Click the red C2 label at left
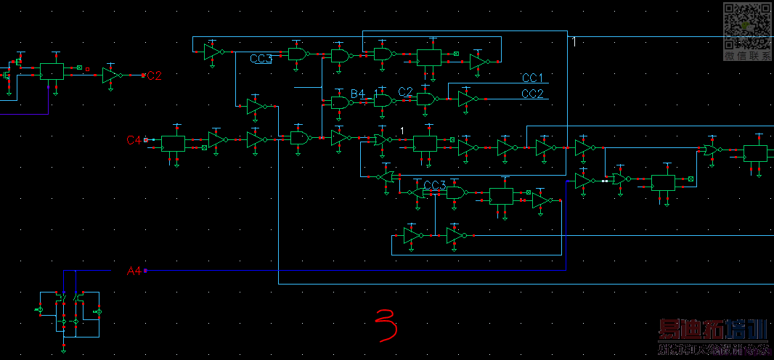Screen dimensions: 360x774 point(154,75)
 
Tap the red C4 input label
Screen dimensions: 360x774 point(135,139)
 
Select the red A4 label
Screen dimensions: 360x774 point(134,271)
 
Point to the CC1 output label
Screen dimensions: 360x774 point(532,78)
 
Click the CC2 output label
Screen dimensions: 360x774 point(532,94)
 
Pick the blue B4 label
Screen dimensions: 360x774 point(358,94)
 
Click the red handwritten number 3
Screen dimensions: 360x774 point(386,324)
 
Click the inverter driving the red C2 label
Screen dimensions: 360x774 point(112,75)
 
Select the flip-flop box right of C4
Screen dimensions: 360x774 point(173,144)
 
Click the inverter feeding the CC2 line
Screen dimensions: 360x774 point(466,99)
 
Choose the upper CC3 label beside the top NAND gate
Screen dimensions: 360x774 point(261,59)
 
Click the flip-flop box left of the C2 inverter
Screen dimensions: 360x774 point(52,71)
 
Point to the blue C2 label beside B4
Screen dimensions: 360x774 point(405,91)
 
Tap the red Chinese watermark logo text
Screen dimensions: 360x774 point(712,331)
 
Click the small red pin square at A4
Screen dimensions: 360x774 point(146,271)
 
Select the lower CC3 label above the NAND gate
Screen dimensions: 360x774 point(434,186)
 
